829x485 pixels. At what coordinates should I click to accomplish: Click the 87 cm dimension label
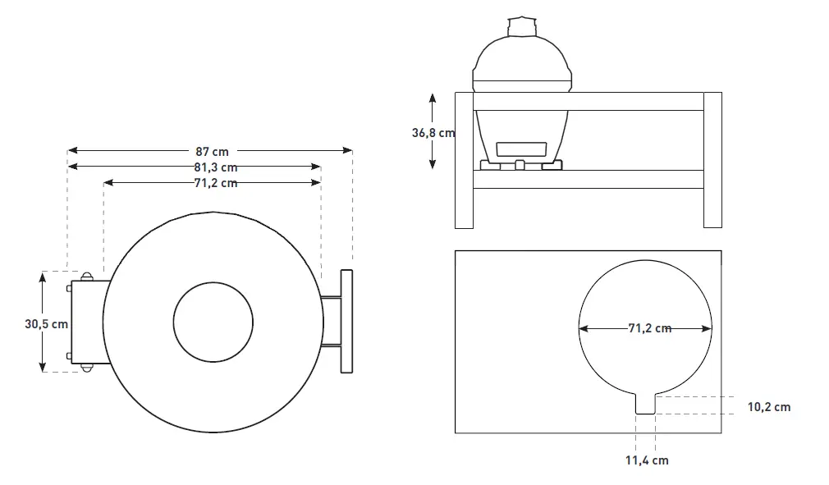212,151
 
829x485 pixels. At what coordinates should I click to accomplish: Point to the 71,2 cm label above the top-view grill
215,183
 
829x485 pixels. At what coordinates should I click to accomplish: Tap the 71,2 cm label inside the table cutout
649,328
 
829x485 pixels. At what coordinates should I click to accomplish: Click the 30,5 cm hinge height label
46,324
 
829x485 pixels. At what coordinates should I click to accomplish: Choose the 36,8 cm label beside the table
433,132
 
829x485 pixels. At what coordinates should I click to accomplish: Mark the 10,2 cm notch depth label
769,406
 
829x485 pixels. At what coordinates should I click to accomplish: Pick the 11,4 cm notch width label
647,460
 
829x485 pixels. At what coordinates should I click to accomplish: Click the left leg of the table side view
465,160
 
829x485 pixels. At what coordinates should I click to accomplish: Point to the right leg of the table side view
712,160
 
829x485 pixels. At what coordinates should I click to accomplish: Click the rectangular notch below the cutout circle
646,404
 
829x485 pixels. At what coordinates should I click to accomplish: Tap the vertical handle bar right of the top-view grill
346,321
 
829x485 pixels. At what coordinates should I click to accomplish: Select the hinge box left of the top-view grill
87,322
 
